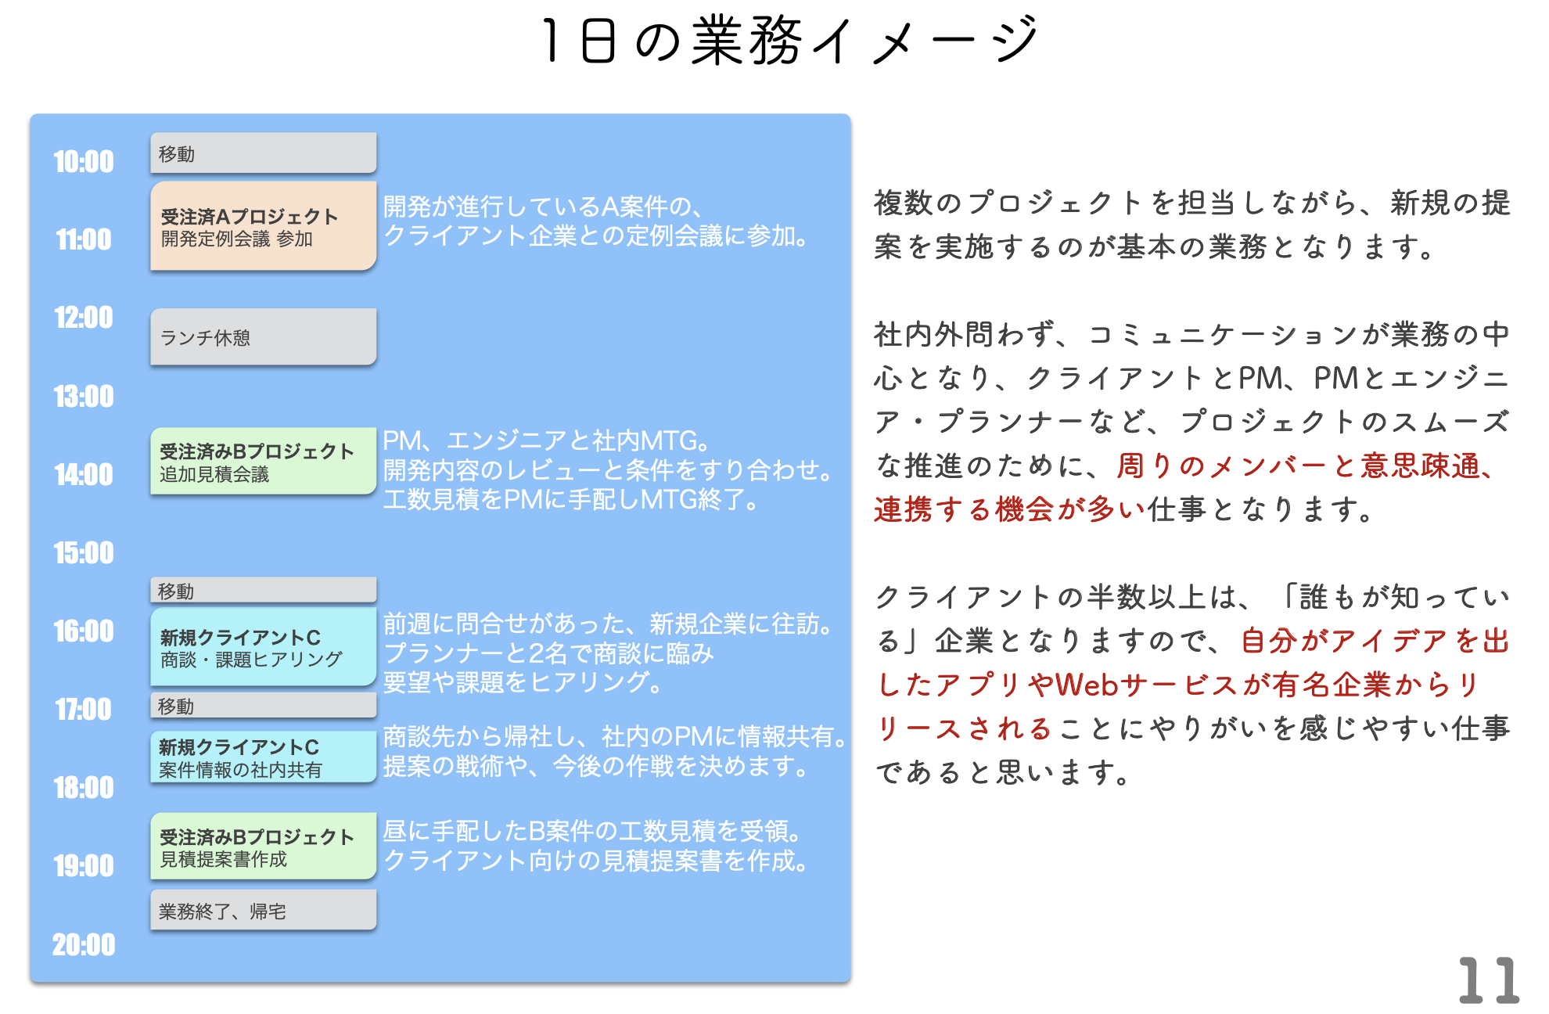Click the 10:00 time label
[84, 162]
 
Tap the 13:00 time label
[84, 397]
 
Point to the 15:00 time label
[84, 553]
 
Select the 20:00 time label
[84, 945]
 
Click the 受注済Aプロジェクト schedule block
[263, 226]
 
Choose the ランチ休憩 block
[263, 336]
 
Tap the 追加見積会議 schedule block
[263, 462]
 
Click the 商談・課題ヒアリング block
[263, 648]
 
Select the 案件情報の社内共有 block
[263, 757]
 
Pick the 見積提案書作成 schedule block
[263, 847]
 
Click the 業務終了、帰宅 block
[263, 911]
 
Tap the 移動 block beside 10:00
[263, 153]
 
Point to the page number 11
[1488, 980]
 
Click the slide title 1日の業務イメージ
[790, 41]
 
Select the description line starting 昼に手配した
[591, 831]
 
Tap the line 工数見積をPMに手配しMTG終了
[571, 499]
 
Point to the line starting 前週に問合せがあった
[609, 624]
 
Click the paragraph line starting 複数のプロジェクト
[1191, 203]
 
